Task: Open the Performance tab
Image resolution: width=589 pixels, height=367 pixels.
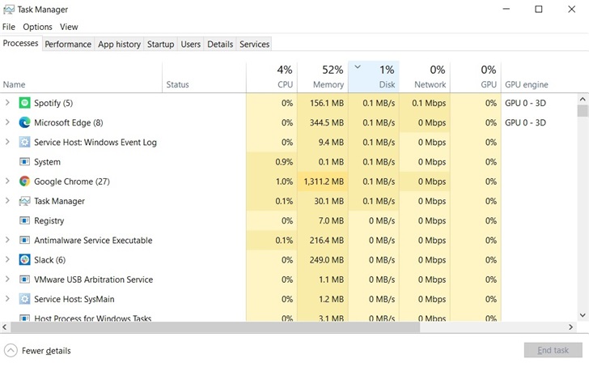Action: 68,44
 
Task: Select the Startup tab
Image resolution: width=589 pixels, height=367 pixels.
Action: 160,44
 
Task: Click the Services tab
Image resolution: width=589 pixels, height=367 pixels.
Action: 254,44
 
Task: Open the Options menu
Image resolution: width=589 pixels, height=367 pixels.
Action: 37,27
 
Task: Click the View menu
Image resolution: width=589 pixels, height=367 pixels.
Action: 69,27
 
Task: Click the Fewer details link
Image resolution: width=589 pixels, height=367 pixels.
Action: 45,351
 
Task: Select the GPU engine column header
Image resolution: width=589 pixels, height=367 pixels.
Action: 527,84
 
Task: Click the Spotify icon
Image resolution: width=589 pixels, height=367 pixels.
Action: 24,103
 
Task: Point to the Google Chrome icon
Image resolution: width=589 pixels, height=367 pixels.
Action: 24,181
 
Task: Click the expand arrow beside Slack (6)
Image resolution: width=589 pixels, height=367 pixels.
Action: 7,260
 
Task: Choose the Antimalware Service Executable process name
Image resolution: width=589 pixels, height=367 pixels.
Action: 93,241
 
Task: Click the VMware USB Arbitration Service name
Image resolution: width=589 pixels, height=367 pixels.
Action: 93,280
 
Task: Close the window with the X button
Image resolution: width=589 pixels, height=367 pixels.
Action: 570,10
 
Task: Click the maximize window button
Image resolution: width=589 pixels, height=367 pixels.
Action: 539,10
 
